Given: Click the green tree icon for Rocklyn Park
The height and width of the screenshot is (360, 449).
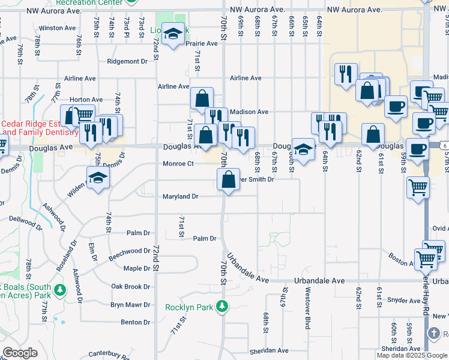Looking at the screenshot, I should (x=222, y=307).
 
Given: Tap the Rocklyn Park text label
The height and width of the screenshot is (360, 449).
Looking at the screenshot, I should (x=189, y=307).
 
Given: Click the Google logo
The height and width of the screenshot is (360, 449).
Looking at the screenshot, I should (x=20, y=353).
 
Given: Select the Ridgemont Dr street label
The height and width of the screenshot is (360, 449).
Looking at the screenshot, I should (x=127, y=61).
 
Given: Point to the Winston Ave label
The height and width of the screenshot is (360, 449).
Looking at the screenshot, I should (x=58, y=28).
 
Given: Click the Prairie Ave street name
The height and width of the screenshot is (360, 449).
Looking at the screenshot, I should (x=202, y=44).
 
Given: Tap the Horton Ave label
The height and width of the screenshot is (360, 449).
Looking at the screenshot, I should (x=86, y=100).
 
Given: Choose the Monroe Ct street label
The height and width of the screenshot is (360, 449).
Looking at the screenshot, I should (x=178, y=163).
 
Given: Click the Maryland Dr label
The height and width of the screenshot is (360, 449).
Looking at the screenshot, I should (x=180, y=196).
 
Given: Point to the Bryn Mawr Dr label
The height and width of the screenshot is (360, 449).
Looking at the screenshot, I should (x=130, y=305).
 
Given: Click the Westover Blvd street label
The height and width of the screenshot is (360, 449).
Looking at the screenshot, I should (x=307, y=301).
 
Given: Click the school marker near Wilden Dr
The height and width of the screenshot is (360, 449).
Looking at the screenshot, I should (x=98, y=178).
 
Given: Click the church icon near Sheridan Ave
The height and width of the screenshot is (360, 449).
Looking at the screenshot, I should (x=435, y=333).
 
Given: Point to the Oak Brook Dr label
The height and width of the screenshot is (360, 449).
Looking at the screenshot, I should (x=130, y=287).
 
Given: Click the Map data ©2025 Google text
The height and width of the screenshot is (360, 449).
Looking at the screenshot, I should (x=411, y=355).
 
